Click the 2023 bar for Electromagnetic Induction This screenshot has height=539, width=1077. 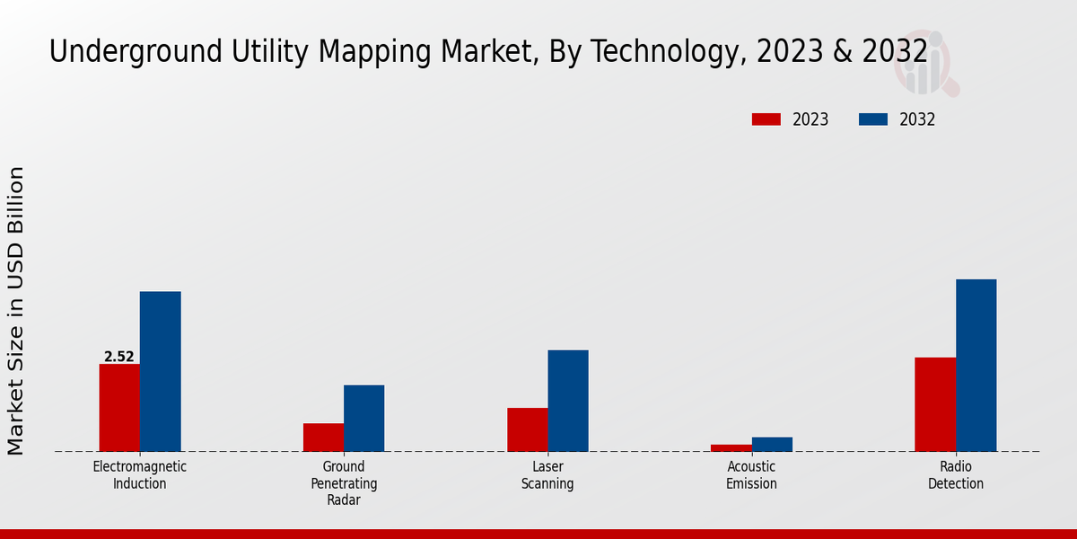[x=119, y=408]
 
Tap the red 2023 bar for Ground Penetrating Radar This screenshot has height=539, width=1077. [x=323, y=437]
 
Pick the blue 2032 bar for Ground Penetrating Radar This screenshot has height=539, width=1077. [x=363, y=419]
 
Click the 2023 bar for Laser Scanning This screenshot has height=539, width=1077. [x=527, y=429]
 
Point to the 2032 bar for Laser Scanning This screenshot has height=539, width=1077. [x=568, y=401]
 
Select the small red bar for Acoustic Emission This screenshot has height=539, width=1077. [x=731, y=447]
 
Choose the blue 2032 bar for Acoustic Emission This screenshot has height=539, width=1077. [x=772, y=444]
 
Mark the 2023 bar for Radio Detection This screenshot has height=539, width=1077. [x=935, y=404]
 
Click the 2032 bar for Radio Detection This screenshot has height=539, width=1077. [x=976, y=365]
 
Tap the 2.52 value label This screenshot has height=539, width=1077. [x=119, y=357]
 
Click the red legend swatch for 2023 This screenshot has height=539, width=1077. [x=766, y=119]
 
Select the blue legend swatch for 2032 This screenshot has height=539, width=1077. [x=873, y=119]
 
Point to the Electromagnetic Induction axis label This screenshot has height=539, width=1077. [x=140, y=475]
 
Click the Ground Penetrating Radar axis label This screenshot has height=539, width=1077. [x=344, y=483]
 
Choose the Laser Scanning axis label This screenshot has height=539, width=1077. [x=547, y=475]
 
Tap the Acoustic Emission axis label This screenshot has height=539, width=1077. [x=752, y=475]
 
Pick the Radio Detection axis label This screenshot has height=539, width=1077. [x=956, y=475]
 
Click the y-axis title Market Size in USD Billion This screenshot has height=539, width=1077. [x=16, y=310]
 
